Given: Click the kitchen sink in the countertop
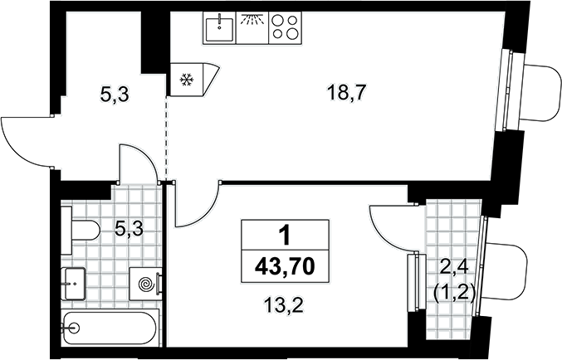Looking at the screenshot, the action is click(219, 27).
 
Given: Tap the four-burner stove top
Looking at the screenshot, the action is click(286, 28).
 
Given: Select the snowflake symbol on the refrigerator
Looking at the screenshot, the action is click(187, 80).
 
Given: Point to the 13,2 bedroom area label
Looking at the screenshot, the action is click(283, 305).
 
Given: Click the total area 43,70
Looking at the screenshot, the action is click(285, 266).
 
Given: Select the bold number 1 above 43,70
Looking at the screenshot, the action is click(285, 236).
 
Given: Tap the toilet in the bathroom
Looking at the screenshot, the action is click(81, 230).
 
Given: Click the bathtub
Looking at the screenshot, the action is click(110, 328).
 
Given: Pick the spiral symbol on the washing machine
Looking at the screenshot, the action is click(147, 284).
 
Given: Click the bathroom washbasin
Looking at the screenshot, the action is click(73, 284).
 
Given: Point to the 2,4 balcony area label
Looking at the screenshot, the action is click(454, 267).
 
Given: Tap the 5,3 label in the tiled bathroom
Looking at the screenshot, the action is click(129, 229).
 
